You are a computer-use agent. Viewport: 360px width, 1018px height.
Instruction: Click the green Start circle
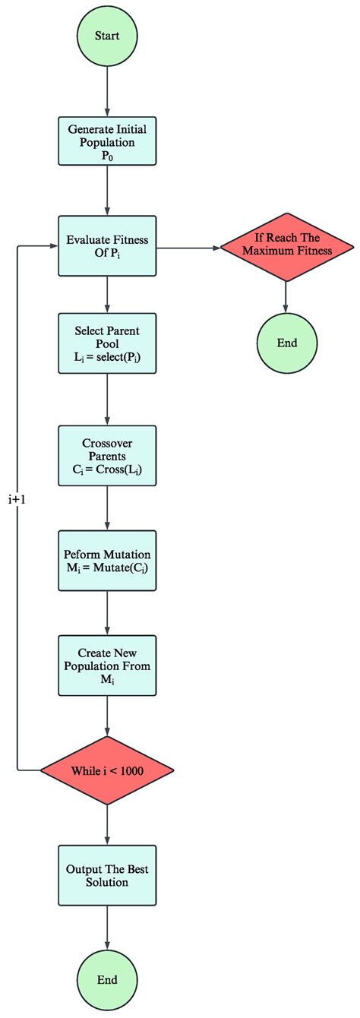point(107,36)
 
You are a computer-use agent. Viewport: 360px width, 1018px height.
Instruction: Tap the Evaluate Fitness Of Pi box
point(107,246)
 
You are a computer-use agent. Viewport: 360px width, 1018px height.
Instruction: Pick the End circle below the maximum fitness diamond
point(287,343)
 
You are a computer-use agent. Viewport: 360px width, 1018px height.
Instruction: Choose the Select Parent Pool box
point(107,343)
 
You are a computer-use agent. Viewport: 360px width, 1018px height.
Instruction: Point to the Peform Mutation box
point(107,561)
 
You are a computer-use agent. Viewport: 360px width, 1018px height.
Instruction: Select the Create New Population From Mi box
point(107,665)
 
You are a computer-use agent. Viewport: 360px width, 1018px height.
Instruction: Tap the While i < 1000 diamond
point(107,770)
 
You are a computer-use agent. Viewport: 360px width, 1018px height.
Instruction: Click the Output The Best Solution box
point(107,876)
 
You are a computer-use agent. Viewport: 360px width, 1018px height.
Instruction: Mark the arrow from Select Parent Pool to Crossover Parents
point(107,399)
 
